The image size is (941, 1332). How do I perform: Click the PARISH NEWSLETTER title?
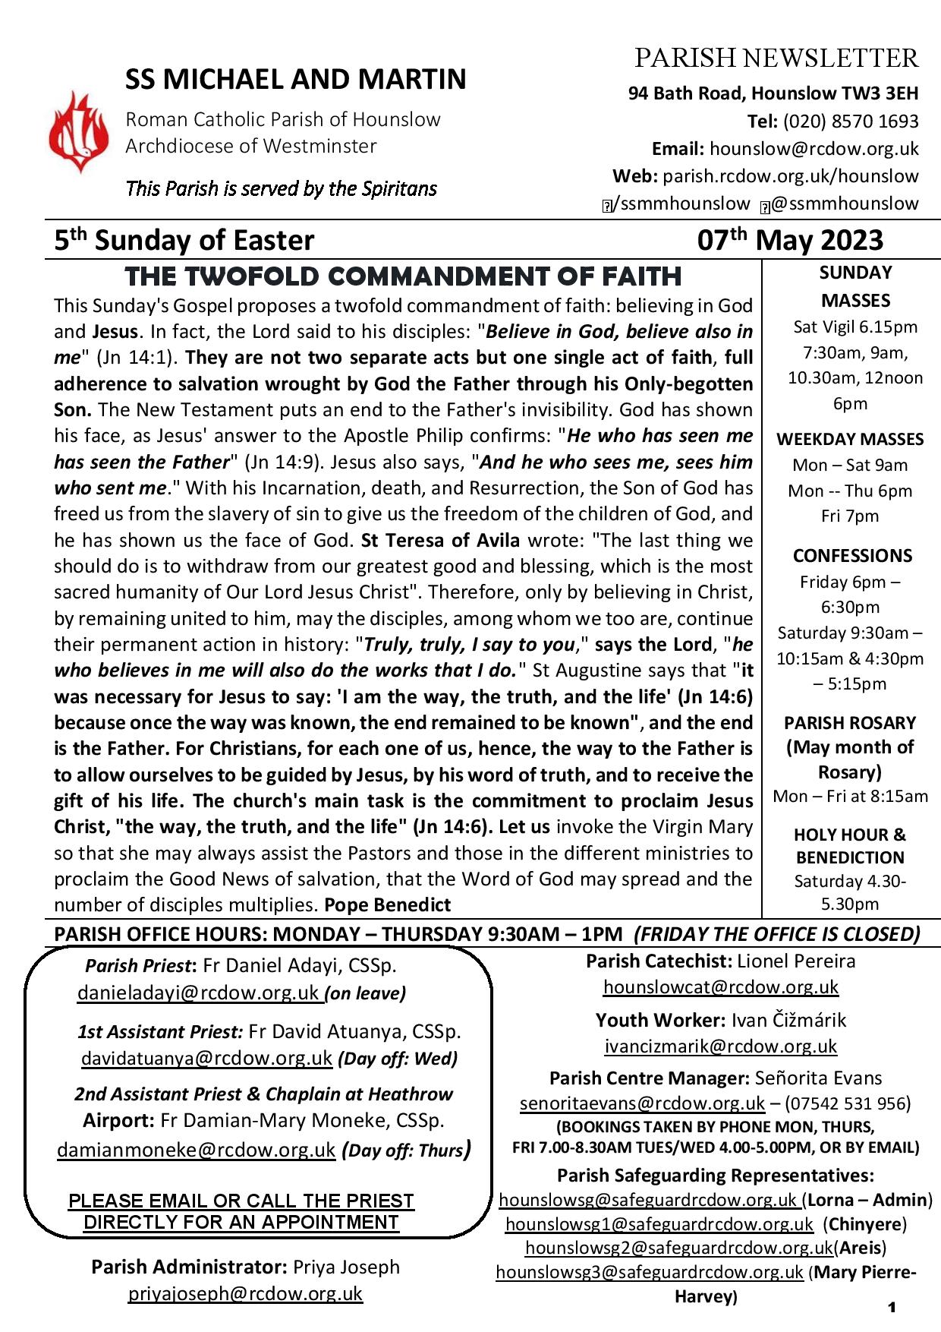tap(776, 58)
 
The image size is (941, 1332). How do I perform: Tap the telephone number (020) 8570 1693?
tap(850, 122)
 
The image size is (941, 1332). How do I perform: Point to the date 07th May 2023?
tap(790, 240)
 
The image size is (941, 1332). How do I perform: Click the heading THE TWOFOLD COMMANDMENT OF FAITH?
tap(403, 276)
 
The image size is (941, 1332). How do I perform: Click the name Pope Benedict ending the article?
tap(387, 904)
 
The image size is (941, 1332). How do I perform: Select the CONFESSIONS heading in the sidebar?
tap(852, 556)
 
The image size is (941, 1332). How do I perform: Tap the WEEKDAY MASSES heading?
tap(850, 440)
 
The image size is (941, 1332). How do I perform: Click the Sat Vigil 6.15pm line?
tap(855, 327)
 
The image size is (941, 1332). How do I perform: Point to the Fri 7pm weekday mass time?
tap(850, 516)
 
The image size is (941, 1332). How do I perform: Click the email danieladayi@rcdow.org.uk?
tap(198, 993)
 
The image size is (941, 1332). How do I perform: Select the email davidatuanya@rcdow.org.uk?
tap(206, 1058)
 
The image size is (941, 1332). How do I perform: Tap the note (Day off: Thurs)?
tap(404, 1151)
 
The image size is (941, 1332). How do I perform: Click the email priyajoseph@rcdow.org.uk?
tap(245, 1293)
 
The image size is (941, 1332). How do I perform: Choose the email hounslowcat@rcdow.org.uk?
tap(720, 986)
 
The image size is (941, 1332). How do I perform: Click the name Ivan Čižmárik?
tap(788, 1020)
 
